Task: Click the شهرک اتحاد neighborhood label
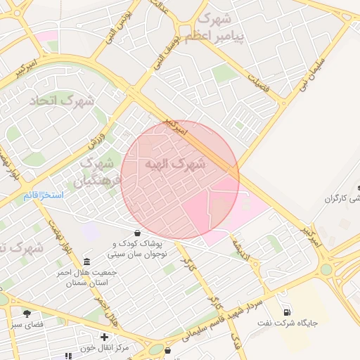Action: (x=62, y=101)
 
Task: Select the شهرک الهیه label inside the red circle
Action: (x=176, y=165)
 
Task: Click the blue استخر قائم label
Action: (x=44, y=194)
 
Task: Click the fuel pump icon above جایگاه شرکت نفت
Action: (x=286, y=312)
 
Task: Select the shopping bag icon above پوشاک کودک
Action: (x=136, y=233)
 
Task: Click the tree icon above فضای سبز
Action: (x=27, y=314)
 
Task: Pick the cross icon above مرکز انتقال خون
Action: (x=104, y=337)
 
